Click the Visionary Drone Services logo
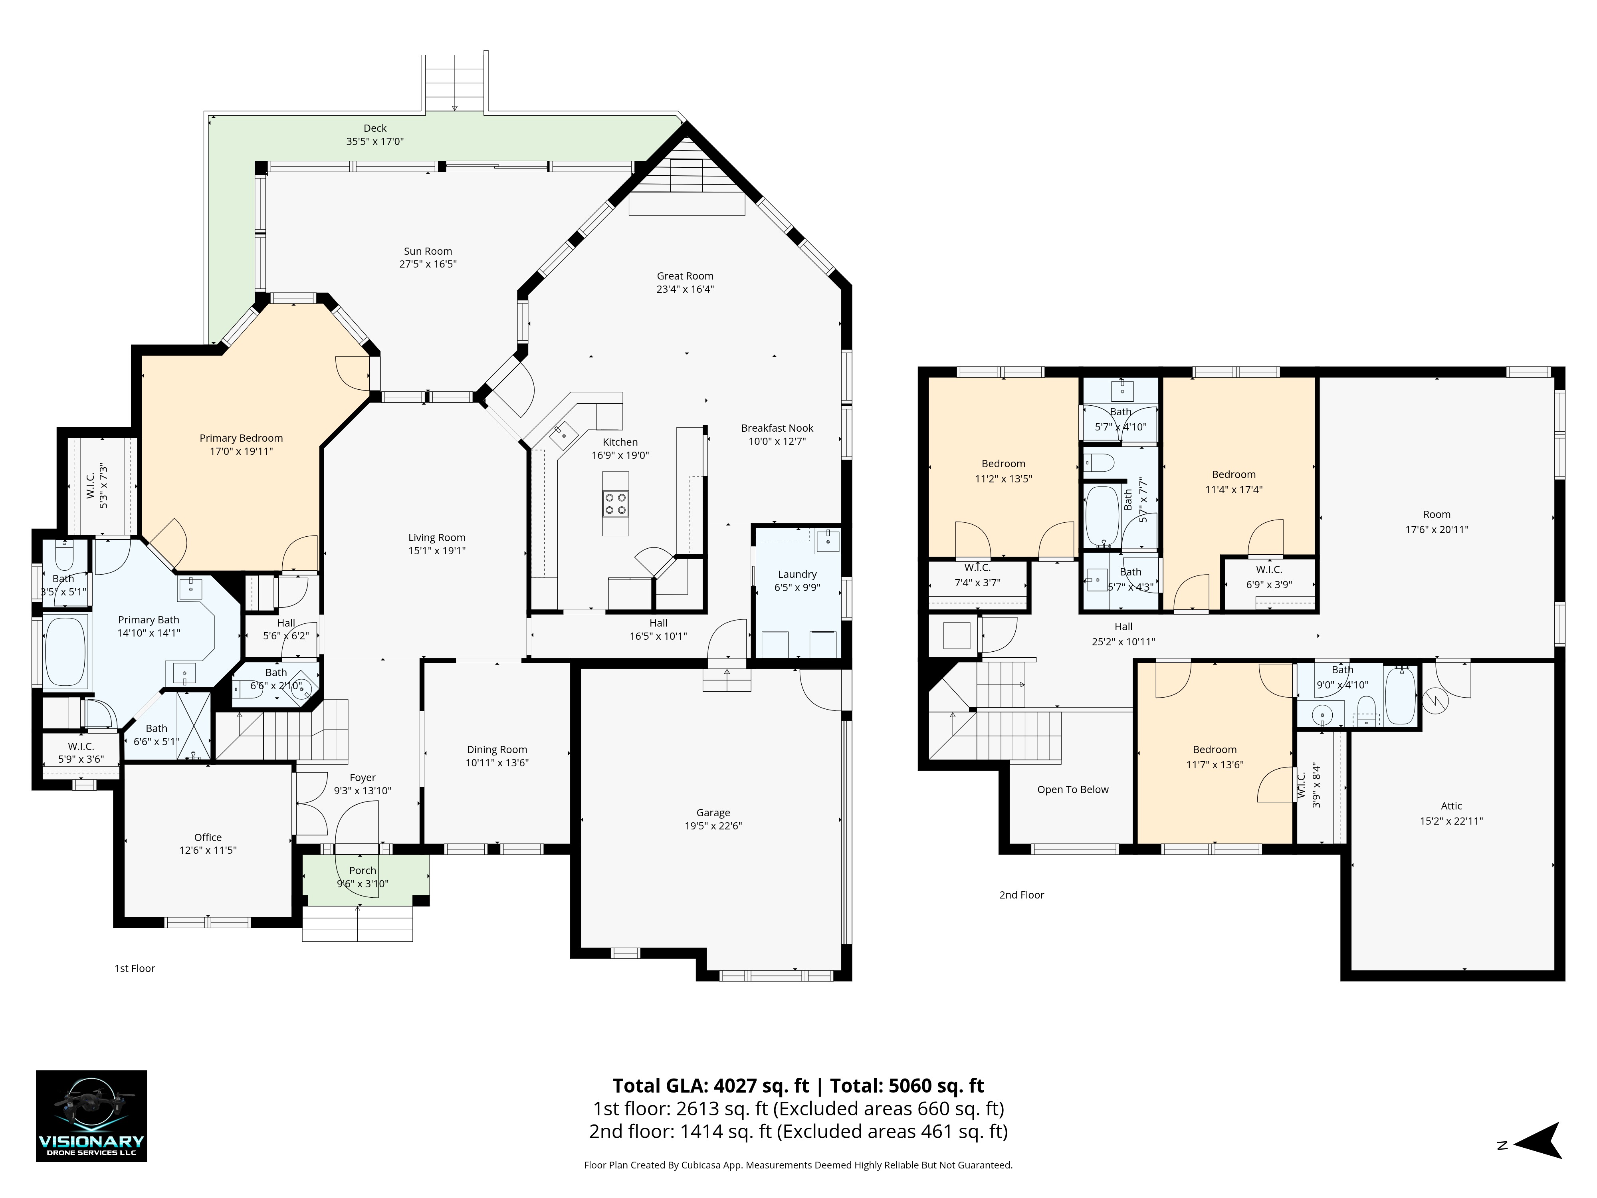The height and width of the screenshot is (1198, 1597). pyautogui.click(x=92, y=1116)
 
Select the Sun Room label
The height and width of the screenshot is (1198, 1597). pyautogui.click(x=428, y=251)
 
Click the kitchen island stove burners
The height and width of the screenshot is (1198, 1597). pyautogui.click(x=616, y=503)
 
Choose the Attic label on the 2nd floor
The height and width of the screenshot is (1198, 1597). pyautogui.click(x=1451, y=806)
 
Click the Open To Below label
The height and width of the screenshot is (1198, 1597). pyautogui.click(x=1073, y=789)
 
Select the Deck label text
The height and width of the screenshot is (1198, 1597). pyautogui.click(x=375, y=128)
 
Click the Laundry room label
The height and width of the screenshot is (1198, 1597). pyautogui.click(x=797, y=574)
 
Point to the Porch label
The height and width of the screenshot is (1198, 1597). pyautogui.click(x=363, y=870)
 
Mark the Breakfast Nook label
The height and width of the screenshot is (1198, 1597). pyautogui.click(x=777, y=428)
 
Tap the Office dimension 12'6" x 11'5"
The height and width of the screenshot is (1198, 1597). pyautogui.click(x=208, y=850)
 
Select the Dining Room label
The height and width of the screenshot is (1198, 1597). pyautogui.click(x=497, y=750)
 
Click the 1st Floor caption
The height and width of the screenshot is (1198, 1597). pyautogui.click(x=135, y=968)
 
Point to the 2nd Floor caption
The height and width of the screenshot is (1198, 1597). pyautogui.click(x=1022, y=895)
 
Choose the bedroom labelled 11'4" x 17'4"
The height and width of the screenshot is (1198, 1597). pyautogui.click(x=1234, y=482)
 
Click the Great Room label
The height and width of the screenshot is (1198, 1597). pyautogui.click(x=685, y=276)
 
